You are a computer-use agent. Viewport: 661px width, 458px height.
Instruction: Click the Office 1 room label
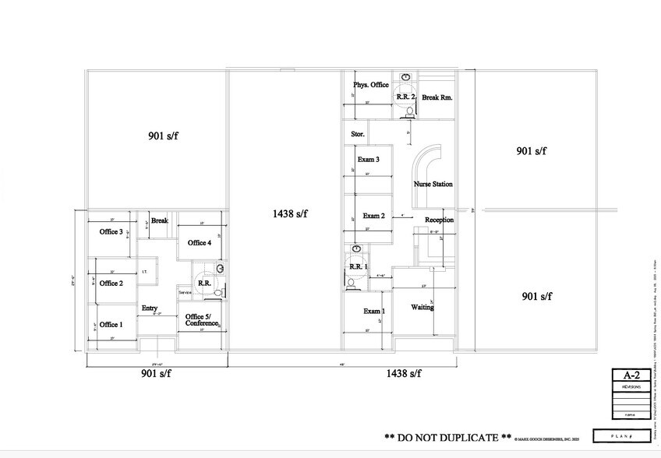111,325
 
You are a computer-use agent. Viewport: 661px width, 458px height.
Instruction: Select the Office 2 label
111,284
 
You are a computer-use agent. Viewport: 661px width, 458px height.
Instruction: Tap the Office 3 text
111,232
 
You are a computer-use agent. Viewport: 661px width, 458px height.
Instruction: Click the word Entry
150,308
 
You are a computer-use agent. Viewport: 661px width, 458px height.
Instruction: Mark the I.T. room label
145,272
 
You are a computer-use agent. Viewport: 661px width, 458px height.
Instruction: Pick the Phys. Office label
370,85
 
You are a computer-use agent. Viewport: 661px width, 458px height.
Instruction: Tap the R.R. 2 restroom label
406,97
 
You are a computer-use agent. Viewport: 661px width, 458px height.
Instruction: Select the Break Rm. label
437,98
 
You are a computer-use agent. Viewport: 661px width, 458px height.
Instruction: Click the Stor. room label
358,135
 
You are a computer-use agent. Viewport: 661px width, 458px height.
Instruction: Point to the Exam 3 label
368,160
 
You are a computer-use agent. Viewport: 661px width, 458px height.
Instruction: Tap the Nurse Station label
433,185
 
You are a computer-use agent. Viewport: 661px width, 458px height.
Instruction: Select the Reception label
440,220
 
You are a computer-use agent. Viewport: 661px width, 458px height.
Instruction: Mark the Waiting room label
422,308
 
